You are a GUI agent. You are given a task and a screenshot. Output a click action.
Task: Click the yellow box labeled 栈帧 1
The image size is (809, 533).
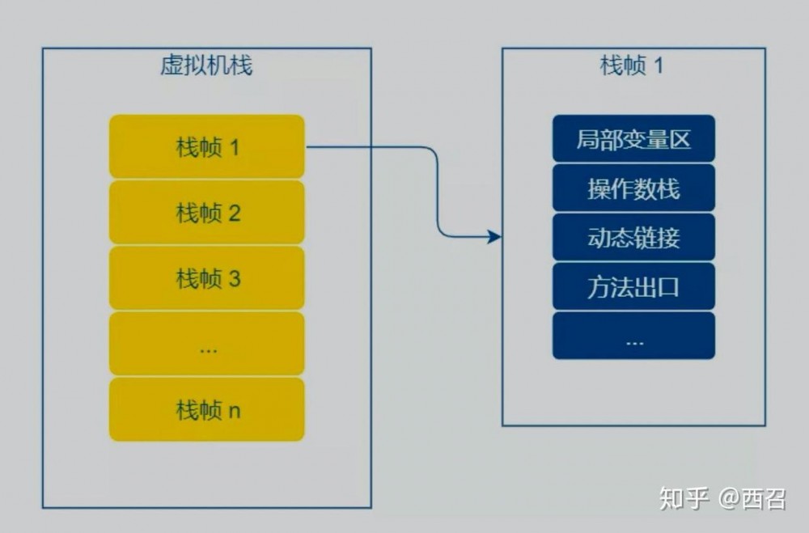(x=206, y=147)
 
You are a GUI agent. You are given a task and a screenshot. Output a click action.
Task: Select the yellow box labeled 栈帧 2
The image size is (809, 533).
(x=206, y=214)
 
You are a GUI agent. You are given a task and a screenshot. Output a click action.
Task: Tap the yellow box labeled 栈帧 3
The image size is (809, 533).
(x=206, y=279)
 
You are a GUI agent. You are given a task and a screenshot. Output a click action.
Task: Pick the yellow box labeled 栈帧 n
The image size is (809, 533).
(x=206, y=410)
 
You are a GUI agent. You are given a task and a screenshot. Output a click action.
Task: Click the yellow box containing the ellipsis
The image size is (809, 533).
(x=206, y=345)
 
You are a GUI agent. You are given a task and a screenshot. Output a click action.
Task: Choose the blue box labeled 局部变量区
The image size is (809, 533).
(x=633, y=138)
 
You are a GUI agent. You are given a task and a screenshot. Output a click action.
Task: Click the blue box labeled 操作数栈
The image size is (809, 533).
(x=633, y=188)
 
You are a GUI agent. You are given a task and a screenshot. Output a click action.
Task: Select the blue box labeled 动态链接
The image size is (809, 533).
(x=633, y=237)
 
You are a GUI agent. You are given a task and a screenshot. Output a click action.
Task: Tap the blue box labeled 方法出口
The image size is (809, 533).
(x=633, y=286)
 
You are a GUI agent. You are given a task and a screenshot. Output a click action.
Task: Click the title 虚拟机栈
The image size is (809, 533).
(x=206, y=65)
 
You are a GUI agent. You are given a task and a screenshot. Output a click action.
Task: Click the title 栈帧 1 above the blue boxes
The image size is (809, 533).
(x=632, y=65)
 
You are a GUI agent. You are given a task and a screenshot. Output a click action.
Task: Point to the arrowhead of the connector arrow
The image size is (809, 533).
(x=495, y=237)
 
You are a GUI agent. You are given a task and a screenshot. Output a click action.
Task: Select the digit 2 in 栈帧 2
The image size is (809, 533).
(x=235, y=214)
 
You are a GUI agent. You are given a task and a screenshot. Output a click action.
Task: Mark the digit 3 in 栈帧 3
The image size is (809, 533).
(x=235, y=280)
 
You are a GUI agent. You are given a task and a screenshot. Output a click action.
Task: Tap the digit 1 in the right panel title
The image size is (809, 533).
(x=658, y=66)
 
